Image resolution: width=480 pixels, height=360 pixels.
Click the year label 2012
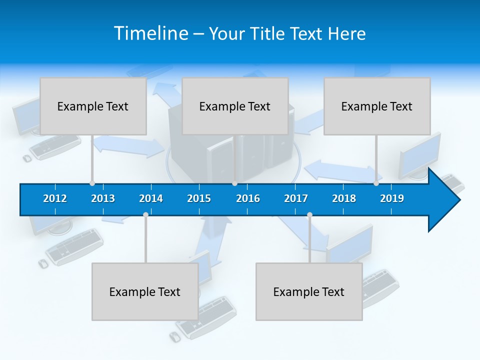(x=55, y=198)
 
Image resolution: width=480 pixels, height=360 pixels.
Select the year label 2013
(x=103, y=198)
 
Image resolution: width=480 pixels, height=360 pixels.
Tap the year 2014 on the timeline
(x=151, y=198)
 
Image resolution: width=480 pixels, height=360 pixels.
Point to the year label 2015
(x=199, y=198)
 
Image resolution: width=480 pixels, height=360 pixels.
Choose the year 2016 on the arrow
(x=248, y=198)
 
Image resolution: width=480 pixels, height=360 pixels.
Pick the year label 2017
(x=296, y=198)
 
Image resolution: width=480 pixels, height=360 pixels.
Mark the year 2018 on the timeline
(x=344, y=198)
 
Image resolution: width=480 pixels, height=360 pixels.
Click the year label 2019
(x=392, y=198)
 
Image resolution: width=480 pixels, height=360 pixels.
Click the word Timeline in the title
(x=150, y=33)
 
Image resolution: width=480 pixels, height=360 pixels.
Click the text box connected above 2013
(x=93, y=106)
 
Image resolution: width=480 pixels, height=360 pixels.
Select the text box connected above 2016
(x=235, y=106)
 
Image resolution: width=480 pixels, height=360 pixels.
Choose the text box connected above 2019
(x=377, y=106)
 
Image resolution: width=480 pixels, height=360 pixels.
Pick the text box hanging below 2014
(x=145, y=291)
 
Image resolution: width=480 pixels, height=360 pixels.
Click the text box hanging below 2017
(x=309, y=291)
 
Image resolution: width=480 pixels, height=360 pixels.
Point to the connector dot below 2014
(x=145, y=215)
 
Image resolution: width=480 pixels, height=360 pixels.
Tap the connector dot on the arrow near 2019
(x=376, y=183)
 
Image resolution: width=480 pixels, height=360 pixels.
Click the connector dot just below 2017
(x=309, y=215)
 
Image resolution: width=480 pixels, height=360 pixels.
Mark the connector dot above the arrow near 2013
(x=92, y=183)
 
